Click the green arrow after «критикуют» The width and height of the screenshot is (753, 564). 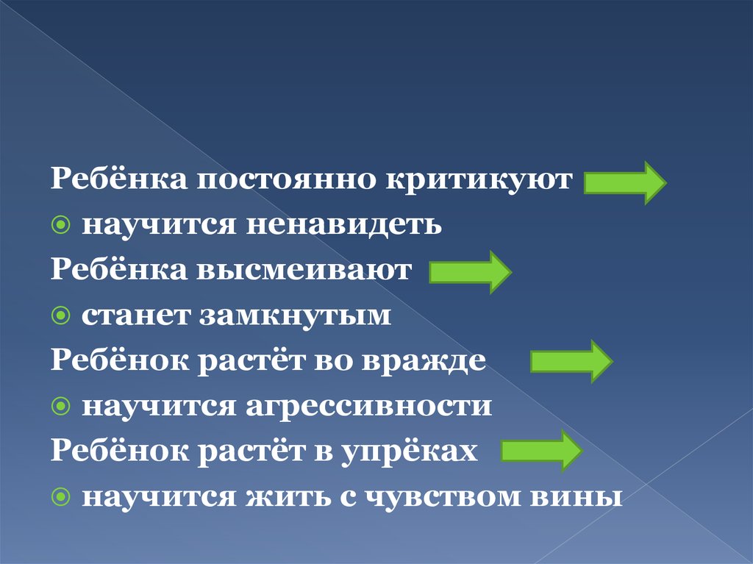point(625,182)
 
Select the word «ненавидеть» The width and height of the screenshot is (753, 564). point(344,225)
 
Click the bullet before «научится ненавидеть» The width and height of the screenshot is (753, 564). point(60,224)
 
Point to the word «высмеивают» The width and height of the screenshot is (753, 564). point(304,270)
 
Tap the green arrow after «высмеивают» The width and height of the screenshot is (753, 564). point(470,272)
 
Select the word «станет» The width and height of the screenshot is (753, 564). point(135,315)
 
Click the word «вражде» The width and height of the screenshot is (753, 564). point(424,360)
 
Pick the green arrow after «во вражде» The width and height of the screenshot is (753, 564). point(571,361)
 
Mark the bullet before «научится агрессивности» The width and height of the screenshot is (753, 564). point(60,407)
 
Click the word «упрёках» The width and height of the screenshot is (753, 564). point(409,451)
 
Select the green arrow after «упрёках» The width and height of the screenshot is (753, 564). point(542,451)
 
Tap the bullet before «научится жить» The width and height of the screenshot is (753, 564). point(60,497)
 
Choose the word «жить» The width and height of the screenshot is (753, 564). point(288,497)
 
